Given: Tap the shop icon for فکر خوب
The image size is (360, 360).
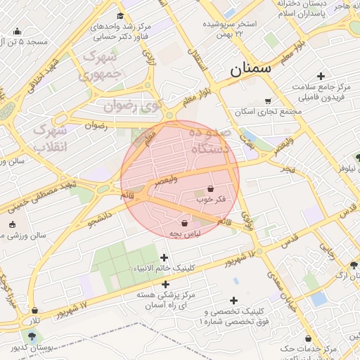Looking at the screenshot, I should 211,188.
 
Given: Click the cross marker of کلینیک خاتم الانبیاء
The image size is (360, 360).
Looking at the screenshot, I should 165,258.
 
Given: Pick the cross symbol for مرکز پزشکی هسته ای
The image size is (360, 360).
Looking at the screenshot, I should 165,285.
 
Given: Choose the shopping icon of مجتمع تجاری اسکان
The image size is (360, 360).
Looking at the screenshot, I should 267,101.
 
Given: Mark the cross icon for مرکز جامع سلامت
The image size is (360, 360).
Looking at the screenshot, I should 321,76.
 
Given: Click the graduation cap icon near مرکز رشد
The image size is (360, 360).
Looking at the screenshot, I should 120,15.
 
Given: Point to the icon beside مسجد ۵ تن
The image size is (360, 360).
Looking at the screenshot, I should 18,31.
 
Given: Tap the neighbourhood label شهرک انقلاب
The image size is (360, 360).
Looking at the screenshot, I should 50,138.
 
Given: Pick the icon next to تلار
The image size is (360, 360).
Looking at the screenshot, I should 34,309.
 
